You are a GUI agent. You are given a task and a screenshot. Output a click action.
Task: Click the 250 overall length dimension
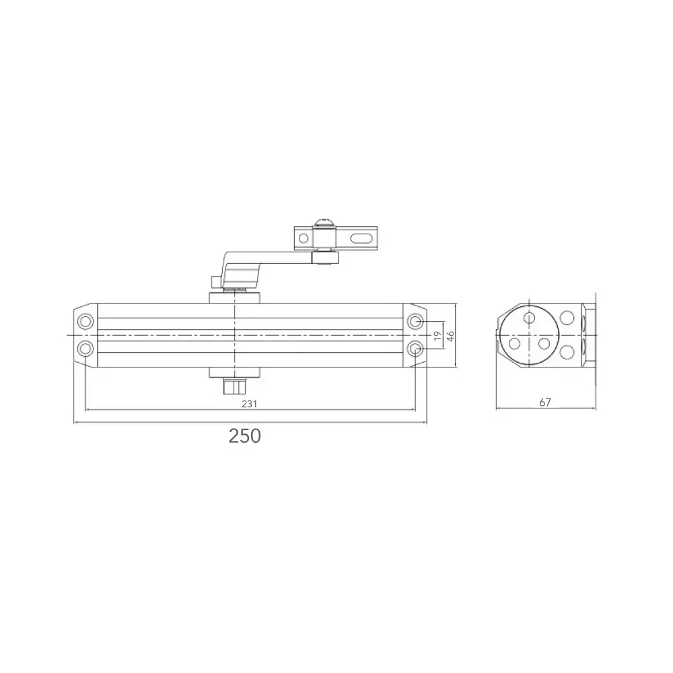(244, 436)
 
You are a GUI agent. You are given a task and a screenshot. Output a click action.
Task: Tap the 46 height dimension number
(450, 334)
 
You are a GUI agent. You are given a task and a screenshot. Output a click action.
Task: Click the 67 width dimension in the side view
(545, 402)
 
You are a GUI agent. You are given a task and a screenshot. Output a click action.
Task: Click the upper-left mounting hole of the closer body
(85, 322)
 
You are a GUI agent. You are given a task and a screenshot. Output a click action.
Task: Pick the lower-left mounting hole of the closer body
(85, 347)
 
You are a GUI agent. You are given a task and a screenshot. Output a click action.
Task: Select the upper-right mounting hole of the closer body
(417, 322)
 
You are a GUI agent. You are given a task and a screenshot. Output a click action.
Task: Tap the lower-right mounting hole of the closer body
(417, 347)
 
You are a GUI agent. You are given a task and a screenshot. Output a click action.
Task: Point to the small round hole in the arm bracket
(304, 238)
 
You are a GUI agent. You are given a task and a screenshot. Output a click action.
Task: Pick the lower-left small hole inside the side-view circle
(515, 343)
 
